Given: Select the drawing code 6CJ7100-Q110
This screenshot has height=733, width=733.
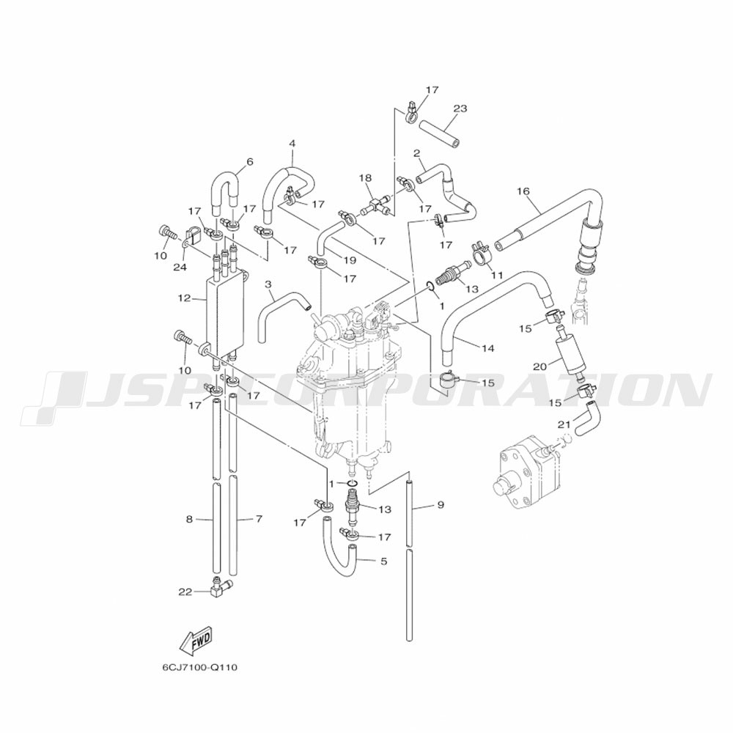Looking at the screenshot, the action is [x=199, y=667].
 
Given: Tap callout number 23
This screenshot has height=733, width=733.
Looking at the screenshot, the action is [x=460, y=108].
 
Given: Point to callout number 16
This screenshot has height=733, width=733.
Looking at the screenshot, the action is [x=523, y=191].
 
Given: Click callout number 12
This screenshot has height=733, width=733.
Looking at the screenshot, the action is [x=184, y=298].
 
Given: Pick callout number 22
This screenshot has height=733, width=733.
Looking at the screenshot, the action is [x=185, y=592].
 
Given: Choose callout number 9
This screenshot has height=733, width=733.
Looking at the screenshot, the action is [x=441, y=505].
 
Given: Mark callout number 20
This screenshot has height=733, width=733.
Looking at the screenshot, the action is [x=540, y=367].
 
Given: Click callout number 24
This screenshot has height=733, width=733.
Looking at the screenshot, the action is [x=180, y=267].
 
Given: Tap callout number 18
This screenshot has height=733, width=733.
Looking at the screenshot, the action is [x=365, y=177].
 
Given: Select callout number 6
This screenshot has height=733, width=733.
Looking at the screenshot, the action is [x=250, y=162].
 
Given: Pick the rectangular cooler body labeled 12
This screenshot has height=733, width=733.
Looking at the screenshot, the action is [x=225, y=315].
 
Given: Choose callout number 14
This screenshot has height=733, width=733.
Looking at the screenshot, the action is [x=487, y=348].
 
